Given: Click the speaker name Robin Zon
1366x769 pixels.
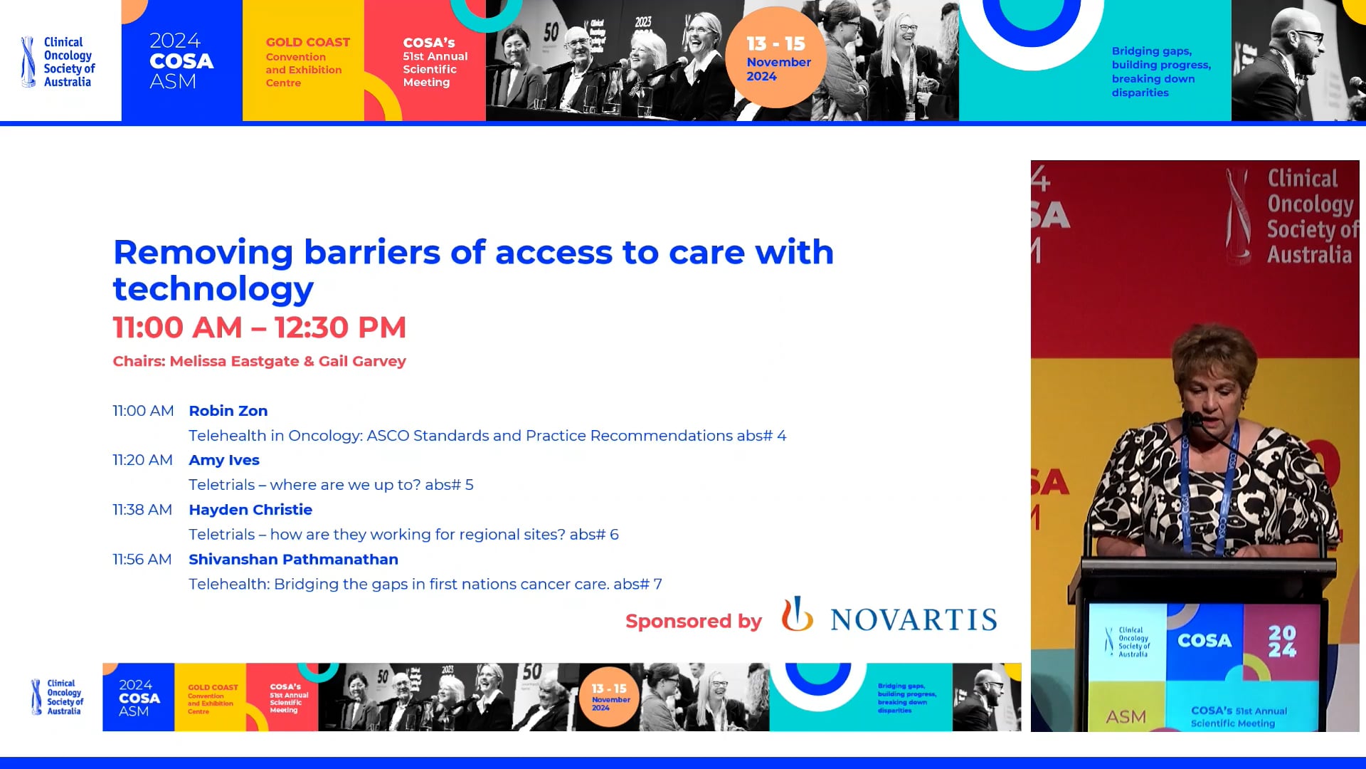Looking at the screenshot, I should tap(228, 411).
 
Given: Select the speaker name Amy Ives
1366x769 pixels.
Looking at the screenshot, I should tap(223, 460).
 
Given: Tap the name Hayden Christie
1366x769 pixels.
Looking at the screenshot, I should tap(250, 510).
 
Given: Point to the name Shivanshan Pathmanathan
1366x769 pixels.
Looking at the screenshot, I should tap(293, 560).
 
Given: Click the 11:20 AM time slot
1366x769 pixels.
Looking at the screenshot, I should tap(142, 460).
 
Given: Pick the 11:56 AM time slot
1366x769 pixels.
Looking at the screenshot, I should tap(142, 560).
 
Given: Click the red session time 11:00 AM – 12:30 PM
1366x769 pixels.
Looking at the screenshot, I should tap(259, 328).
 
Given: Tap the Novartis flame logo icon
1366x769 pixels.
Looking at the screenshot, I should tap(797, 614).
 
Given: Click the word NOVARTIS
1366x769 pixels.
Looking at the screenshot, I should tap(914, 620).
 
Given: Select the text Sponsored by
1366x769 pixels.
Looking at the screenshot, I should tap(693, 622).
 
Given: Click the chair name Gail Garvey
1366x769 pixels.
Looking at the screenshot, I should tap(362, 361).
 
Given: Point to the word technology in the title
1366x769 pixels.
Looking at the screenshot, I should tap(213, 288).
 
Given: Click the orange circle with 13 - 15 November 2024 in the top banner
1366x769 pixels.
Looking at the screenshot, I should tap(776, 58).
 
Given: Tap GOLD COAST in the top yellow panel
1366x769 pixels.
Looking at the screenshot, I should tap(307, 43).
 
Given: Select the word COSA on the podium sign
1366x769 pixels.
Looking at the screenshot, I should tap(1204, 641).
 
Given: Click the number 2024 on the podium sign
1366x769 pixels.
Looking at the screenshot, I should tap(1282, 641).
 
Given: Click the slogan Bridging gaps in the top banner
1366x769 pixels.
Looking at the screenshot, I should tap(1151, 51).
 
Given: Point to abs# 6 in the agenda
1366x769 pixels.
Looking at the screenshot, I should tap(594, 535).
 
